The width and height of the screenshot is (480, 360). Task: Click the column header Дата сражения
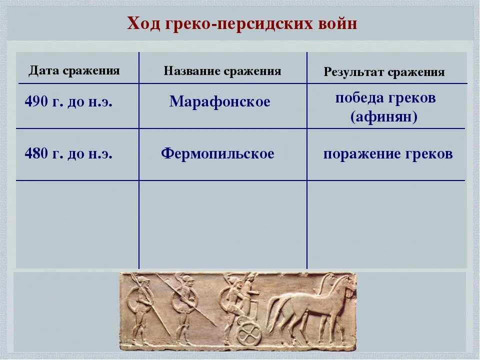74,70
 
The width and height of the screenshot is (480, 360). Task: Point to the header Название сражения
222,71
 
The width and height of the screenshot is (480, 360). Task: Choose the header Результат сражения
384,72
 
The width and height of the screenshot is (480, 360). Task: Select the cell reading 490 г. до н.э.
68,102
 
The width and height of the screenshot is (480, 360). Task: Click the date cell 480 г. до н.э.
68,153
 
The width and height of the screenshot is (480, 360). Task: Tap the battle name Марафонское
219,102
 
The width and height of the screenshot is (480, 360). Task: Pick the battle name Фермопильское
217,153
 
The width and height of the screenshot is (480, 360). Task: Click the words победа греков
385,97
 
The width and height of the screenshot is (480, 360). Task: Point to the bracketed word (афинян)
384,117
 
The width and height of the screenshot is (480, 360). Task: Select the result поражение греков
387,154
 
